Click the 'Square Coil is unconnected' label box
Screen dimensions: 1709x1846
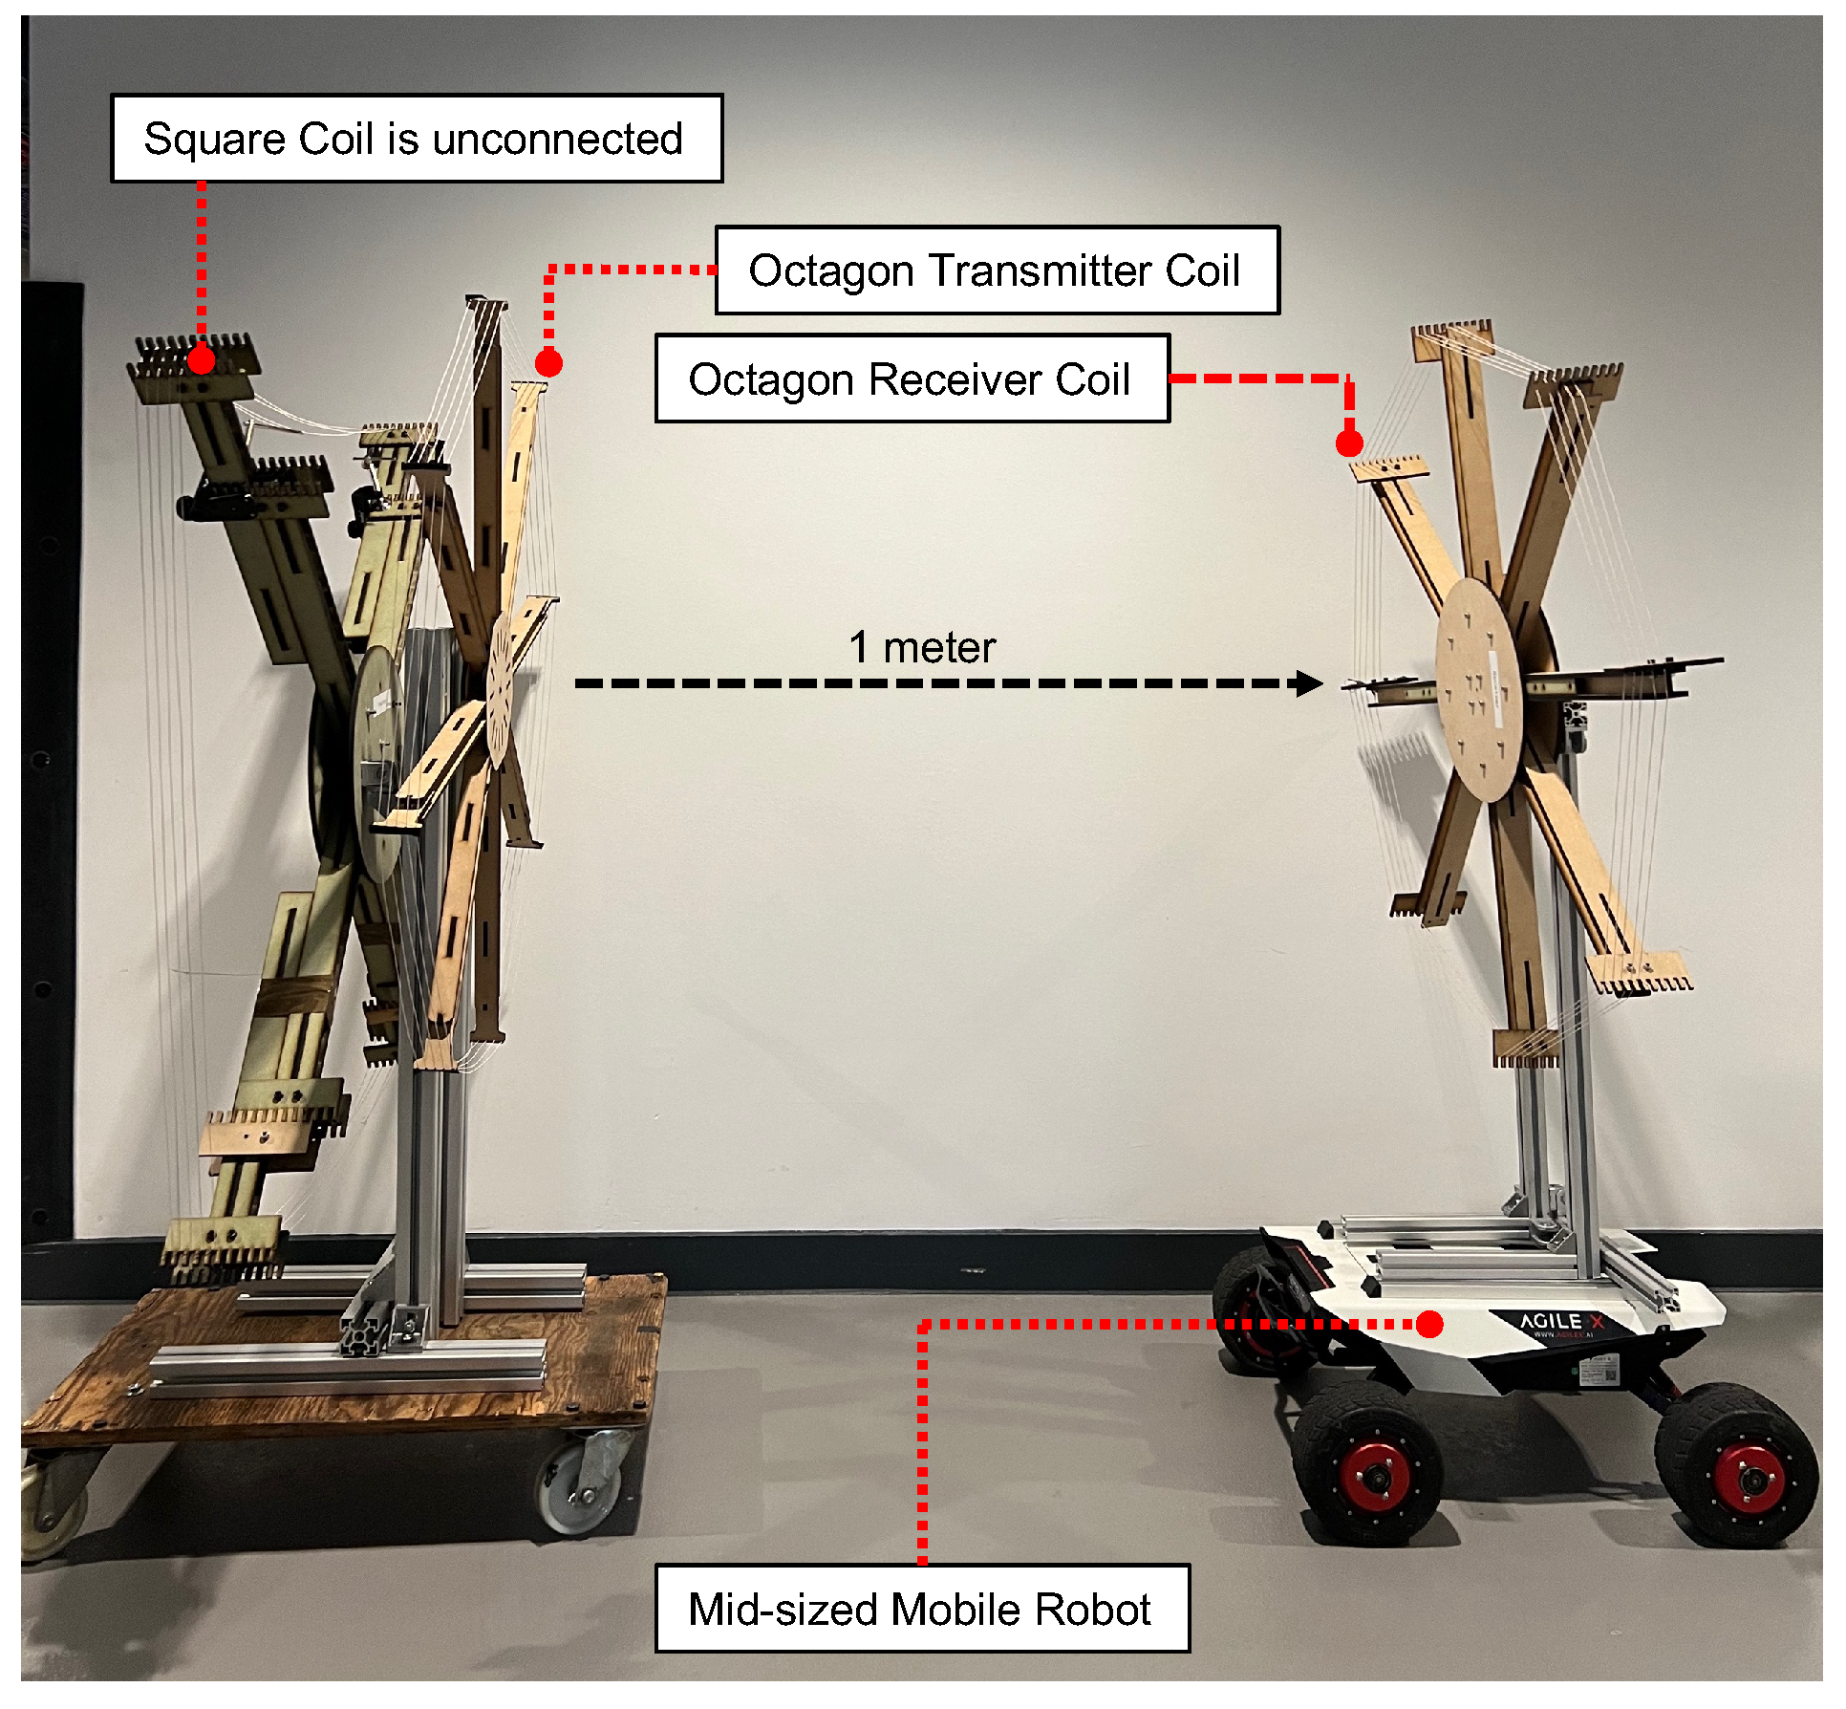tap(417, 139)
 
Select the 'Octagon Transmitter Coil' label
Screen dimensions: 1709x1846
tap(996, 270)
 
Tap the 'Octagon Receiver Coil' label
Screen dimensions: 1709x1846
tap(911, 379)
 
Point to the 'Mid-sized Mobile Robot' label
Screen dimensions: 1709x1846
tap(921, 1609)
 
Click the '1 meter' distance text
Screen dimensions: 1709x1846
tap(922, 647)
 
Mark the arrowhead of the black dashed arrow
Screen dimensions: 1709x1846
tap(1309, 682)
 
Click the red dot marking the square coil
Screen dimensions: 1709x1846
tap(201, 360)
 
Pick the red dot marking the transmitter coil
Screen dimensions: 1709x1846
tap(548, 363)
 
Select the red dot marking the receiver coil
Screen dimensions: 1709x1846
tap(1349, 443)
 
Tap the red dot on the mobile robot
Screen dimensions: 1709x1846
tap(1429, 1324)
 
